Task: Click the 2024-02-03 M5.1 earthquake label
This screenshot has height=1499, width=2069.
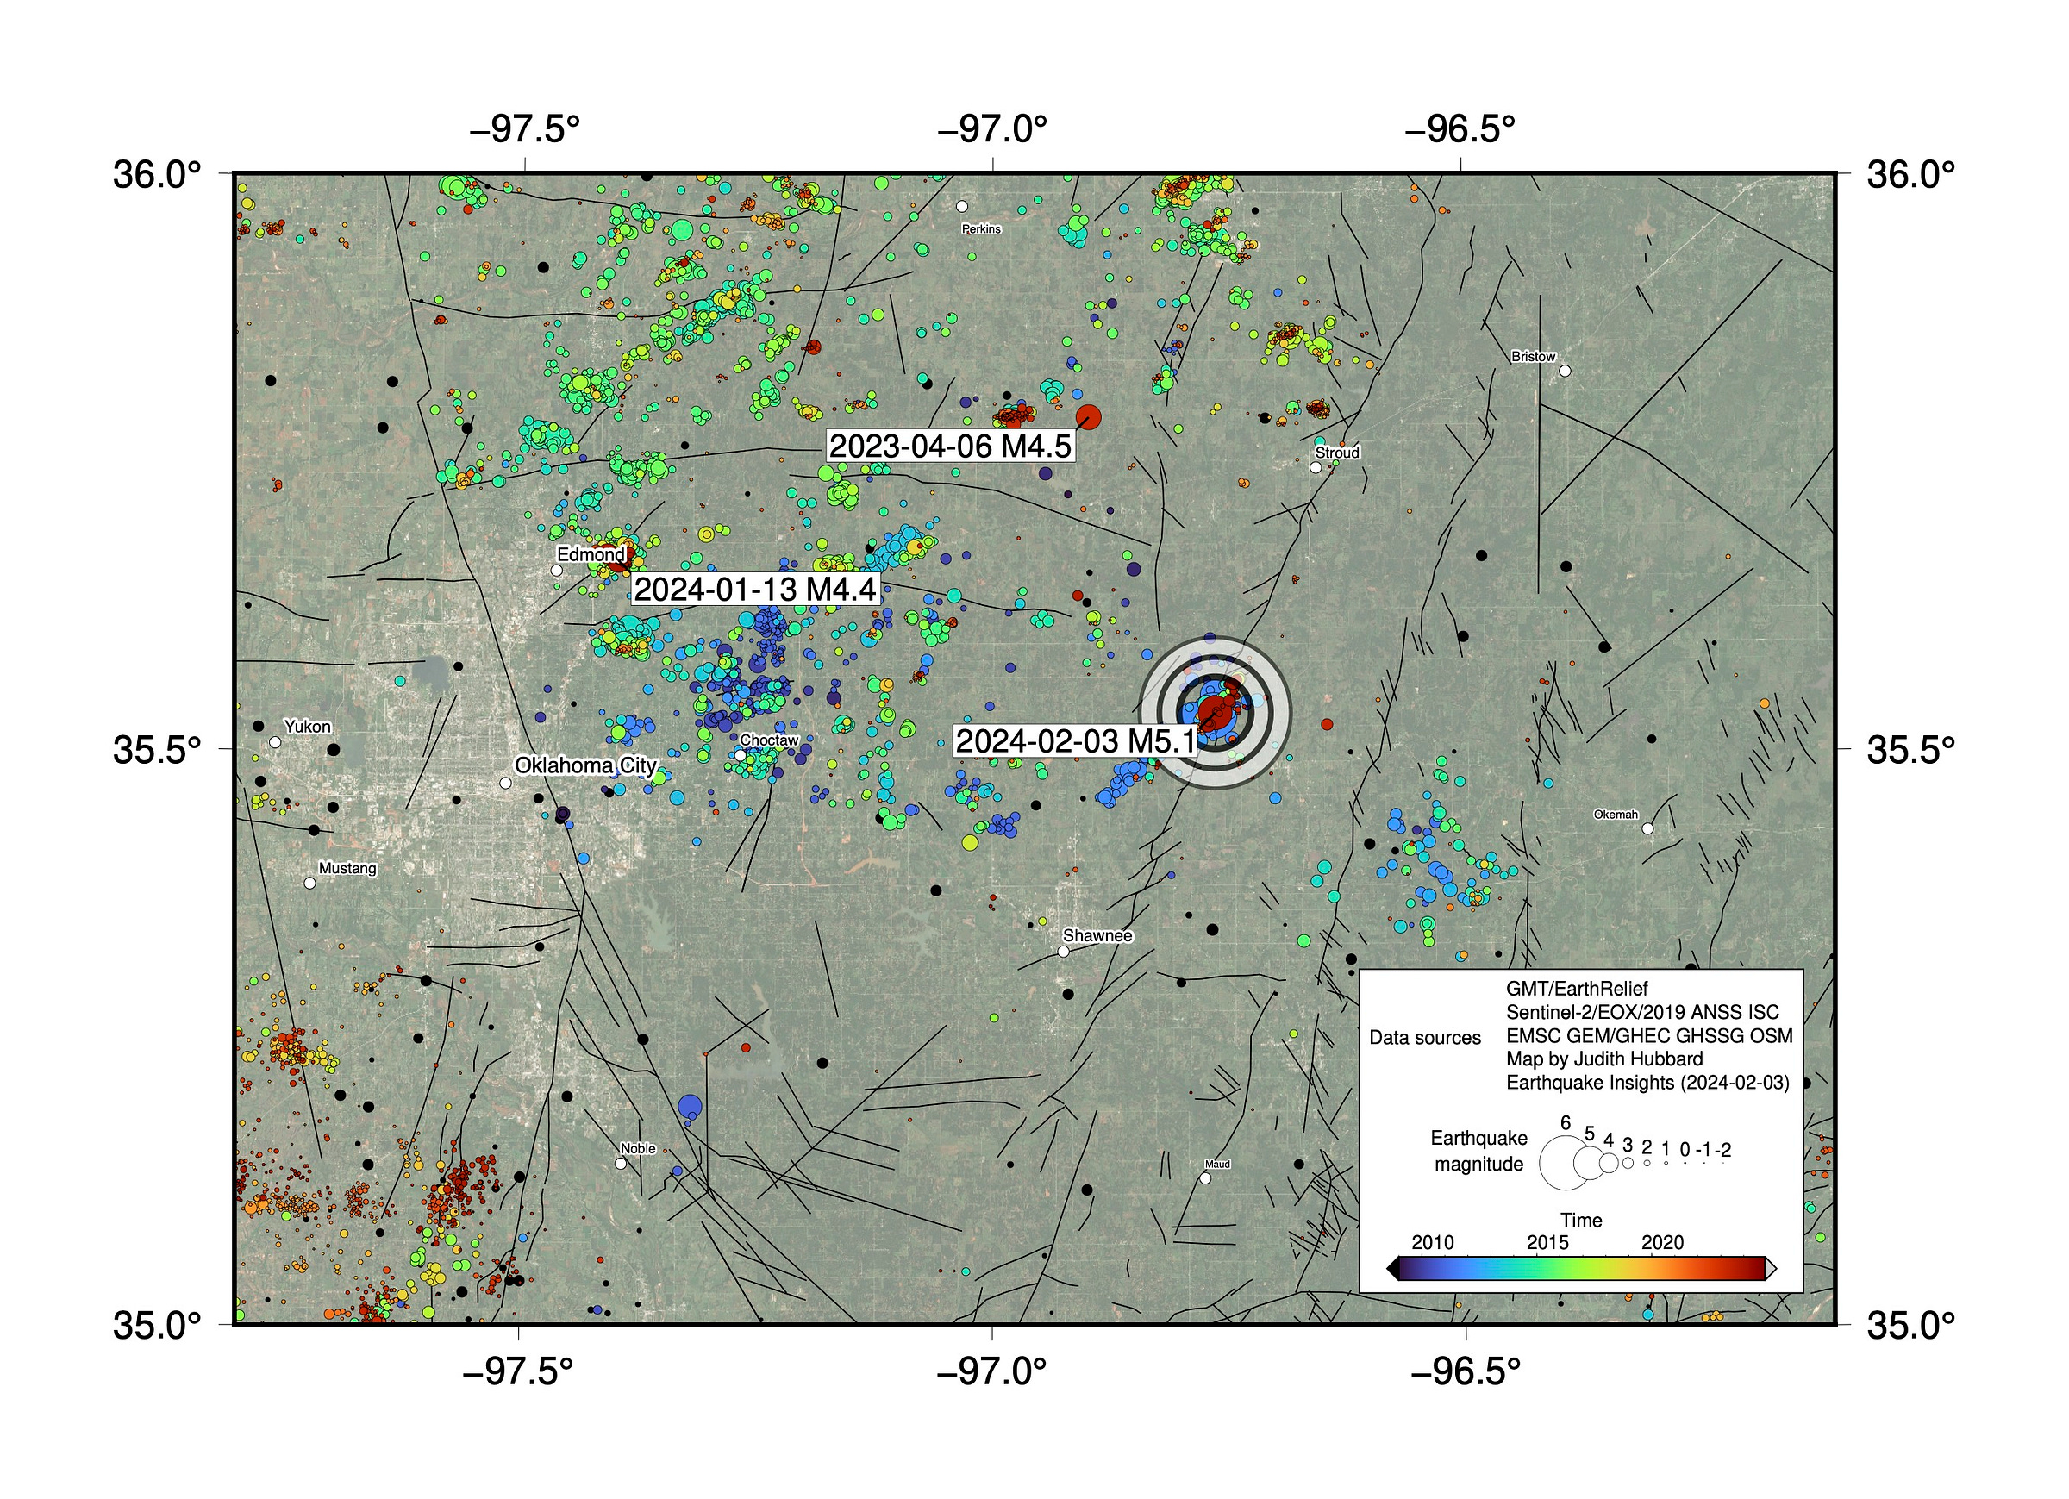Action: click(x=1075, y=740)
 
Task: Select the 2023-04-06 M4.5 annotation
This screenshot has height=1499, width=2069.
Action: click(x=950, y=447)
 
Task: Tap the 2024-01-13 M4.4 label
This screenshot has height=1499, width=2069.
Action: click(x=754, y=590)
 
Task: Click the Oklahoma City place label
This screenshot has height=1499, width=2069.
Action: click(x=585, y=765)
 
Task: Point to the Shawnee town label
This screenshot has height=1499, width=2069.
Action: click(x=1097, y=935)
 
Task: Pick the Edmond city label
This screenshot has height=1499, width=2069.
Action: click(x=591, y=553)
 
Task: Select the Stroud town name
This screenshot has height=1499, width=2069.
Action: click(x=1336, y=453)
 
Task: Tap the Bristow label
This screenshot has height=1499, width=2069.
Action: click(x=1533, y=357)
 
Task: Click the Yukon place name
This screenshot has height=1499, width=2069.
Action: click(x=308, y=727)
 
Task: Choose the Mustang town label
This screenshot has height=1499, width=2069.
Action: click(x=347, y=868)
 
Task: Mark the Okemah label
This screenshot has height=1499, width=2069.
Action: click(x=1616, y=815)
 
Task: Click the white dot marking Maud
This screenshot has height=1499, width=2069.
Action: click(x=1205, y=1177)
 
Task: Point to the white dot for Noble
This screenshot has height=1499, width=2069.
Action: click(x=622, y=1163)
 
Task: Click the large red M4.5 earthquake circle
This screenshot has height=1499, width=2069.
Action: click(x=1088, y=418)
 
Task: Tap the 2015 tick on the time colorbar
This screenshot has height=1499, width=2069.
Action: click(x=1547, y=1243)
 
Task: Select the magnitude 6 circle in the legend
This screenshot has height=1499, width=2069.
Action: click(x=1565, y=1162)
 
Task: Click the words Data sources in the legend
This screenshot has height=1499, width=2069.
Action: click(x=1425, y=1037)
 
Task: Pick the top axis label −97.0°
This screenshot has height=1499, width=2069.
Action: click(x=992, y=129)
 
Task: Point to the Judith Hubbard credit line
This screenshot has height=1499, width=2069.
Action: click(x=1603, y=1059)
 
